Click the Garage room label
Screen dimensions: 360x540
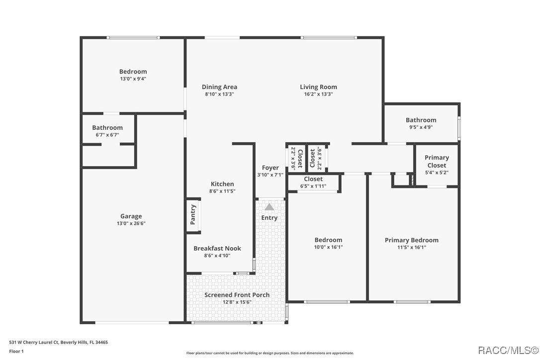131,216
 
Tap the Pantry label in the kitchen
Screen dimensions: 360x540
193,215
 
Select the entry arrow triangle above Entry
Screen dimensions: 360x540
269,207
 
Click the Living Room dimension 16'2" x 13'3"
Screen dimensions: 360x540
318,94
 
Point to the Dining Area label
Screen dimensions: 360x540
219,87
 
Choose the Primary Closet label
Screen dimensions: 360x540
436,162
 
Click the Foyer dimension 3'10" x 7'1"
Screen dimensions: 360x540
270,175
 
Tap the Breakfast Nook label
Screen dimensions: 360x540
217,249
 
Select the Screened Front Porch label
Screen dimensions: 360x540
237,295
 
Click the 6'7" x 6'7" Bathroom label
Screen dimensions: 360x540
107,128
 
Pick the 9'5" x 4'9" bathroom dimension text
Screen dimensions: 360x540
421,127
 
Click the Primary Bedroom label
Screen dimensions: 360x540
412,240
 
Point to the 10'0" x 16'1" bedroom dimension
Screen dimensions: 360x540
328,247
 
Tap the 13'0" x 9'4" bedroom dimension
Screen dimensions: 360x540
133,79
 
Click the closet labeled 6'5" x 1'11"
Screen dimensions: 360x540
313,182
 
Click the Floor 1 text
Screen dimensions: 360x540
16,351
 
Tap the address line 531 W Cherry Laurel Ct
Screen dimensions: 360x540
59,342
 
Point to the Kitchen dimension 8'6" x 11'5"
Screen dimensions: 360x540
222,191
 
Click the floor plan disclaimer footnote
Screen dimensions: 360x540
270,353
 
